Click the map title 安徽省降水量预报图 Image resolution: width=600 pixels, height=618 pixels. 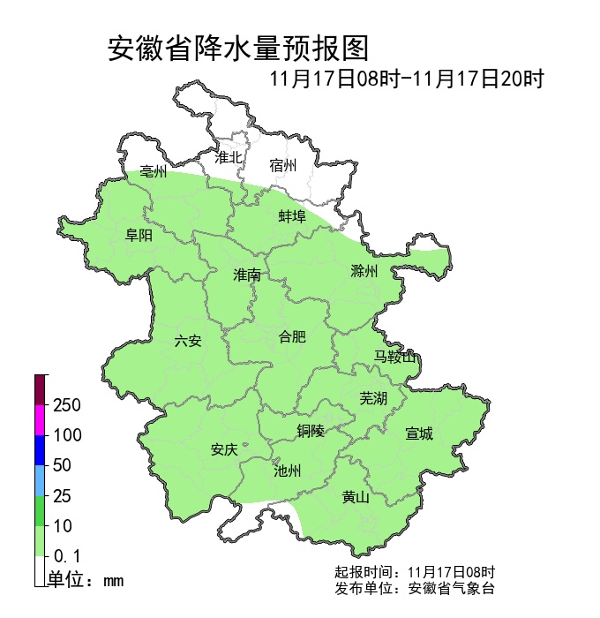pyautogui.click(x=237, y=48)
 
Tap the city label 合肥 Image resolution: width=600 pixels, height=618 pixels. pyautogui.click(x=292, y=336)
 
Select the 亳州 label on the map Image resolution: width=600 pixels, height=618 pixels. pyautogui.click(x=153, y=173)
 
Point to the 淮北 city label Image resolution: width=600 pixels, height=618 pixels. pyautogui.click(x=229, y=157)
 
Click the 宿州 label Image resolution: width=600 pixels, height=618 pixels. pyautogui.click(x=283, y=165)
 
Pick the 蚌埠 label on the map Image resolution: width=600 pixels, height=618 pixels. pyautogui.click(x=292, y=215)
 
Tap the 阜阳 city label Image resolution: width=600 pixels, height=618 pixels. pyautogui.click(x=139, y=235)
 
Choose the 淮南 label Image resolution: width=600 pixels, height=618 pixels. pyautogui.click(x=247, y=275)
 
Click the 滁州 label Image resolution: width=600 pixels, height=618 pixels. pyautogui.click(x=364, y=271)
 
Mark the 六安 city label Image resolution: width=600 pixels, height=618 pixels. pyautogui.click(x=188, y=341)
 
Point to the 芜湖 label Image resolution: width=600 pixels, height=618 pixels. pyautogui.click(x=373, y=398)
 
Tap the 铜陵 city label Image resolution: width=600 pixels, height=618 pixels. pyautogui.click(x=311, y=431)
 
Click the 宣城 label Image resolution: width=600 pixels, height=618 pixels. pyautogui.click(x=419, y=433)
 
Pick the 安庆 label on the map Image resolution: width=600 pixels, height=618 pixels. pyautogui.click(x=224, y=449)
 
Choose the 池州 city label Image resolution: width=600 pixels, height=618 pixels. pyautogui.click(x=288, y=471)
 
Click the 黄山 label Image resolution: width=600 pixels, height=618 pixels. pyautogui.click(x=356, y=497)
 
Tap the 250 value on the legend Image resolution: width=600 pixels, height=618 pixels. pyautogui.click(x=67, y=405)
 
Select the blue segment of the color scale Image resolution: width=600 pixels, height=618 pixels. pyautogui.click(x=40, y=450)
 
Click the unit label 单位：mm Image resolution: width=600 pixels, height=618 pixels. pyautogui.click(x=86, y=580)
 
